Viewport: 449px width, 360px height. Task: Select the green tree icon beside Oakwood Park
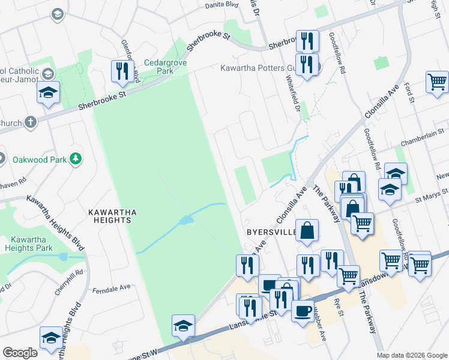76,158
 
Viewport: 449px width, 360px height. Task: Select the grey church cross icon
31,123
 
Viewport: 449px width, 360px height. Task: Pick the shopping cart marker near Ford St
438,82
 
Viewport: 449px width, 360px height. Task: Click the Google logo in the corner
20,352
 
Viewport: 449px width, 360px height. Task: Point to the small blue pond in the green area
185,220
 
